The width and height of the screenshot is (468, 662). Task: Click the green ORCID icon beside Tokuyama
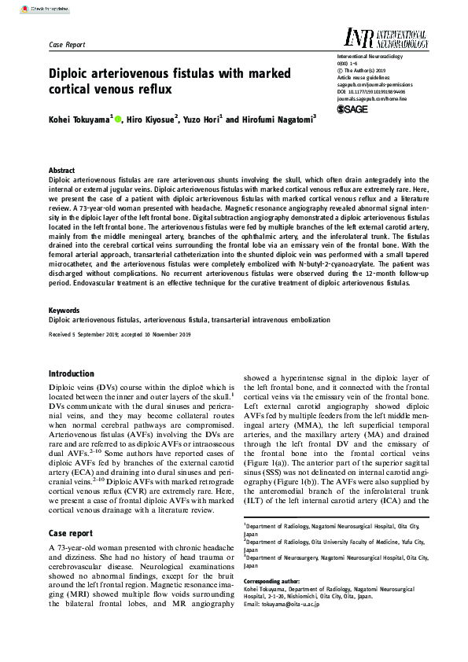click(118, 119)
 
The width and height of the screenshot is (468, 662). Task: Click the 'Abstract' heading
click(62, 171)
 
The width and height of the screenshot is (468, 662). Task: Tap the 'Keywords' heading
click(64, 311)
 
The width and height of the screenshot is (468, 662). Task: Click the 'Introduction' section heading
click(72, 373)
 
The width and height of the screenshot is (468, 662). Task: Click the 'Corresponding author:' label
click(275, 580)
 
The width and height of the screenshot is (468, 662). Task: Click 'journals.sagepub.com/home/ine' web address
click(366, 98)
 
